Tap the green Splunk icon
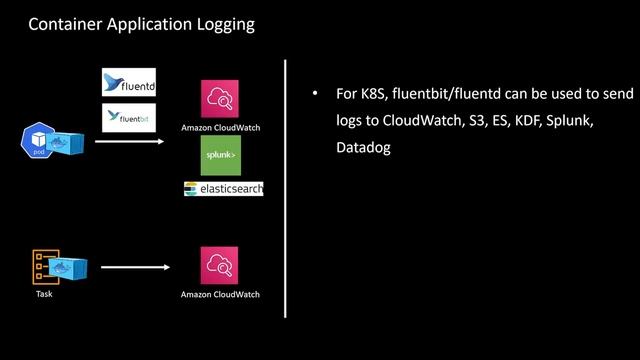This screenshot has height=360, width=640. point(220,155)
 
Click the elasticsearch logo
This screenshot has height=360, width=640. point(223,188)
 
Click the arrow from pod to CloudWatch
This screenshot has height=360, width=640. point(129,142)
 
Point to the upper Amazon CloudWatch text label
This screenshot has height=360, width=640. point(220,128)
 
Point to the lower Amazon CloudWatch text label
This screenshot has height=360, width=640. point(220,295)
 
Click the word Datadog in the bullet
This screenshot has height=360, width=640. point(363,147)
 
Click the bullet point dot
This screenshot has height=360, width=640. point(314,94)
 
